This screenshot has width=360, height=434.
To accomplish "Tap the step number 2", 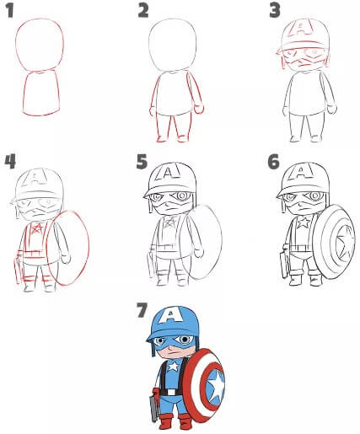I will (143, 11).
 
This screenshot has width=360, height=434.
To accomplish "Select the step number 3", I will (274, 10).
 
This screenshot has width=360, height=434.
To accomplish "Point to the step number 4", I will (10, 161).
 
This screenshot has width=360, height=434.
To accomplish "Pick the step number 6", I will (273, 161).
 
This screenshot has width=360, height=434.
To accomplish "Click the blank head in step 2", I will (173, 42).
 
